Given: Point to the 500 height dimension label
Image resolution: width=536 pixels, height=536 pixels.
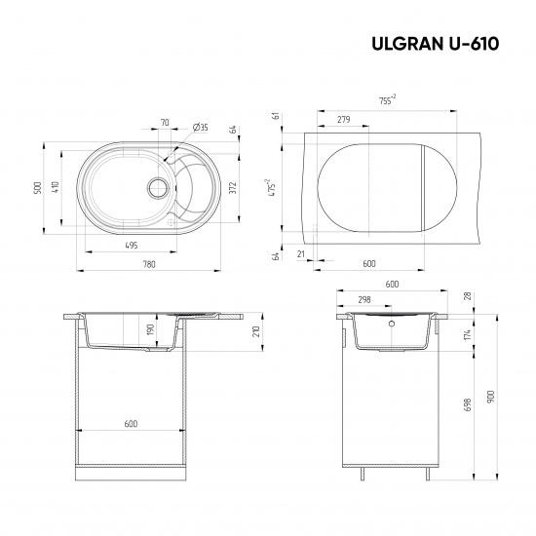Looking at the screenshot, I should click(38, 187).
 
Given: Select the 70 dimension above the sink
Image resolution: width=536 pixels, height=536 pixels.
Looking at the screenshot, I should click(164, 124).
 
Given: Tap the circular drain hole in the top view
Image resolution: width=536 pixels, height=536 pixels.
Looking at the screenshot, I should click(156, 185).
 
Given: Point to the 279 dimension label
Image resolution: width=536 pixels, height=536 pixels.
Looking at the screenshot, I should click(343, 120).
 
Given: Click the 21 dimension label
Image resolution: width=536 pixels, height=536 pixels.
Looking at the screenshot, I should click(302, 254).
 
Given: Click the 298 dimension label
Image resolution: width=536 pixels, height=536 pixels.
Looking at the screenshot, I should click(364, 300).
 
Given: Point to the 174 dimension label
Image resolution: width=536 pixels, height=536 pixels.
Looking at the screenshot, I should click(468, 334).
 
